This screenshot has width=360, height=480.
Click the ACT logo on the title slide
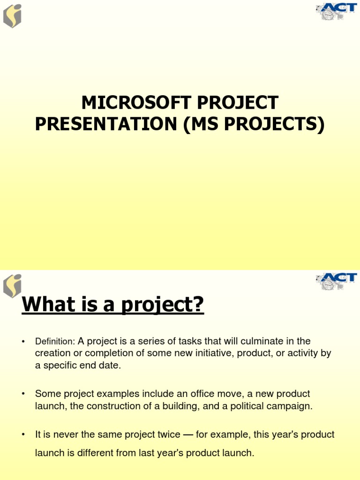pos(336,11)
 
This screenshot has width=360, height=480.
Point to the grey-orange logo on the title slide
pos(12,15)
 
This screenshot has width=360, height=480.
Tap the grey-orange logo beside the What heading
pos(12,285)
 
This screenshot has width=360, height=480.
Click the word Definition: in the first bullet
pos(55,341)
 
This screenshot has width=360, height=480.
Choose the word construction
pos(113,406)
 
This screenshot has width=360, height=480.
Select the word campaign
pos(292,406)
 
